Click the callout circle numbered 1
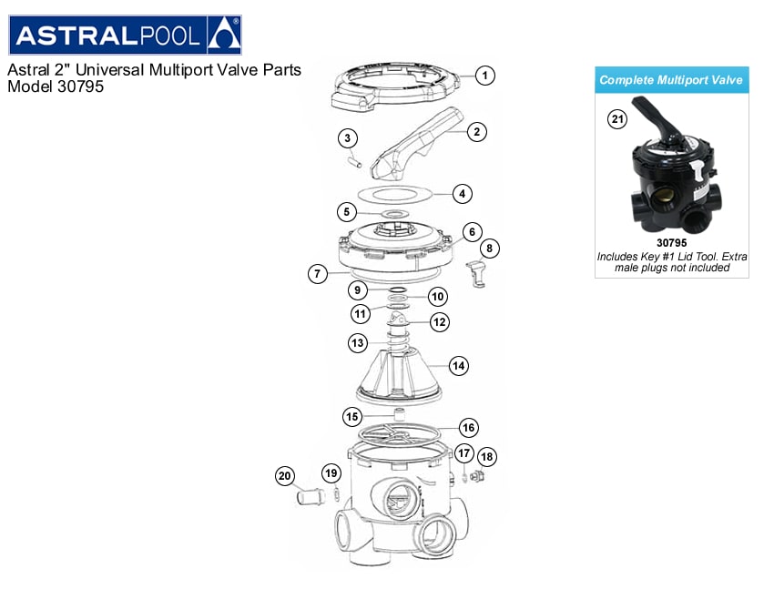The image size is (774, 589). pyautogui.click(x=485, y=76)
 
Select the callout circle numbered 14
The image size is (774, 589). pyautogui.click(x=458, y=366)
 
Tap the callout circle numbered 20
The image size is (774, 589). pyautogui.click(x=285, y=476)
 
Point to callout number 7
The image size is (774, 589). pyautogui.click(x=316, y=273)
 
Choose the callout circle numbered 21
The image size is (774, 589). pyautogui.click(x=618, y=119)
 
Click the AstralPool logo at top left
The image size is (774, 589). pyautogui.click(x=125, y=36)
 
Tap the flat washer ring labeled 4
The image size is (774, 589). pyautogui.click(x=392, y=194)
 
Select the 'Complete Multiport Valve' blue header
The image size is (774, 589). pyautogui.click(x=671, y=80)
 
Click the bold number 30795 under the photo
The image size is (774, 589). pyautogui.click(x=671, y=243)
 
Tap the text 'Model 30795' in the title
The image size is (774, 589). pyautogui.click(x=56, y=88)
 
